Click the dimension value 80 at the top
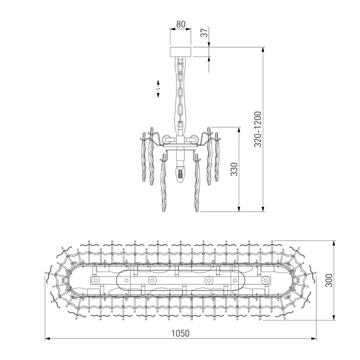[181, 25]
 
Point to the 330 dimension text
[234, 170]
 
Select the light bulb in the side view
[181, 172]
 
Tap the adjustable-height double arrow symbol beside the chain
[158, 87]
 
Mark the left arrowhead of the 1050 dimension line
[47, 339]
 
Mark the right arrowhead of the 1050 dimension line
[314, 339]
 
